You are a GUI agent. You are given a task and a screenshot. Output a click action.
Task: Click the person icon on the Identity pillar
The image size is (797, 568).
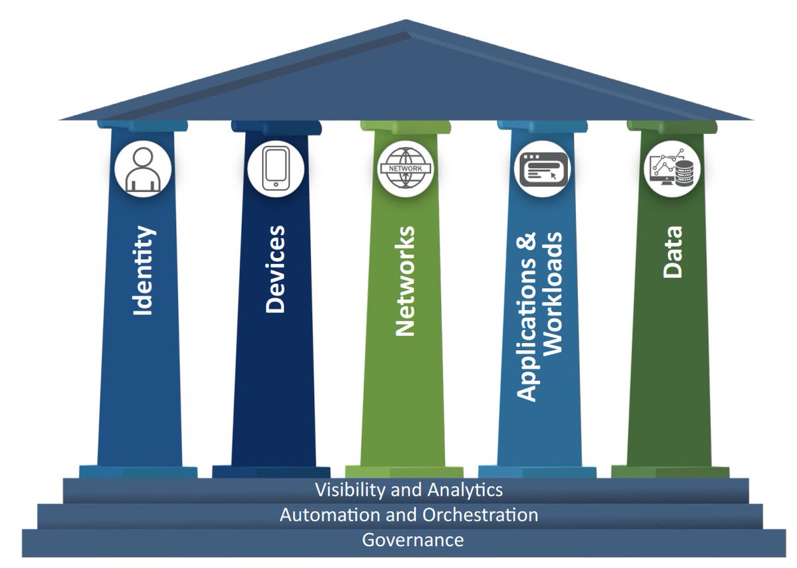tap(143, 170)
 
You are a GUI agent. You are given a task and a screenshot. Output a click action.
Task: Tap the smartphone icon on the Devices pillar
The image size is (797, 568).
tap(276, 169)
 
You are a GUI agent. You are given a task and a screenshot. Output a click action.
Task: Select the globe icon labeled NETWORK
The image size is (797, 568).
tap(405, 168)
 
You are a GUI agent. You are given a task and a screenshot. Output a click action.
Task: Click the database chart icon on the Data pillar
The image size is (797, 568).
tap(671, 168)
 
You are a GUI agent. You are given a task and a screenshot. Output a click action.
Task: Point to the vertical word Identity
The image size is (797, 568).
tap(144, 271)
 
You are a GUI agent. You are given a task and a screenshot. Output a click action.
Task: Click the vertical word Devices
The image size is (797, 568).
tap(275, 269)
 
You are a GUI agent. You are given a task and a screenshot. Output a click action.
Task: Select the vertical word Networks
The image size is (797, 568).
tap(405, 281)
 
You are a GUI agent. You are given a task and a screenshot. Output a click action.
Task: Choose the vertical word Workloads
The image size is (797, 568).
tap(553, 293)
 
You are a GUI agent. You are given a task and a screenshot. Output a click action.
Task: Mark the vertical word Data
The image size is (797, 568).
tap(672, 252)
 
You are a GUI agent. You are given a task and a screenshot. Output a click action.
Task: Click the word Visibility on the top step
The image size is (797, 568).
tap(351, 490)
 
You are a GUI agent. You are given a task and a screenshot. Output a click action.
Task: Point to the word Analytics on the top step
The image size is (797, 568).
tap(465, 490)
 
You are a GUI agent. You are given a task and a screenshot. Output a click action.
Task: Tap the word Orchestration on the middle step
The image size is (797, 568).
tap(480, 515)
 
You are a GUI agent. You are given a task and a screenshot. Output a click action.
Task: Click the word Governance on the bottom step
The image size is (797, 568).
tap(412, 540)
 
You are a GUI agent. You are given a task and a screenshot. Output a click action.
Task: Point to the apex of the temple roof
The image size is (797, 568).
tap(406, 20)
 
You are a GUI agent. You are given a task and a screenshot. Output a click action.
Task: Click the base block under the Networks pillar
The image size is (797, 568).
tap(404, 472)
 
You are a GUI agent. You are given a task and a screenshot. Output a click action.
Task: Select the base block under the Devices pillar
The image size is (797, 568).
tap(271, 472)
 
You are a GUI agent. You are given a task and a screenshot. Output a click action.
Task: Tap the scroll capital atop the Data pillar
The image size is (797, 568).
tap(671, 127)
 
